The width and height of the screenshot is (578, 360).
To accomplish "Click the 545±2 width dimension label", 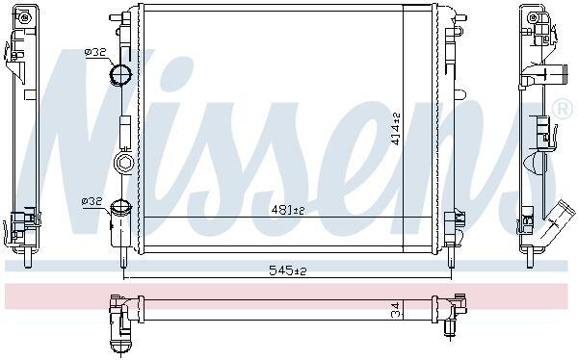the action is [288, 270].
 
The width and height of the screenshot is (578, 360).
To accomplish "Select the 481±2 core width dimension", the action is [288, 210].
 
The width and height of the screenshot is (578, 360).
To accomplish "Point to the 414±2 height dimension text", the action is [396, 129].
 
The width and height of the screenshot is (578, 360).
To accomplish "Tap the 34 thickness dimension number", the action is [396, 309].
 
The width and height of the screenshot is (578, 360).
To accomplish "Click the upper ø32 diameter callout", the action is [95, 52].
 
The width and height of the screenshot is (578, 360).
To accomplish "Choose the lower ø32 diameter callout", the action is [92, 201].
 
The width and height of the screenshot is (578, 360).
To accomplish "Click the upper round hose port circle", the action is [120, 75].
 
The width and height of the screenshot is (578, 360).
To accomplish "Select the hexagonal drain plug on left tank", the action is [123, 162].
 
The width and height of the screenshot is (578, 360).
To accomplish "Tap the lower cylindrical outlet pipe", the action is [120, 223].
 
